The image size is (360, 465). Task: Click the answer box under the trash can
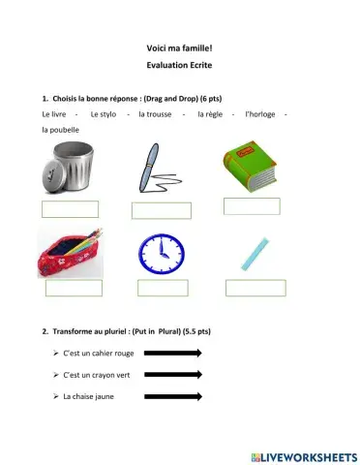70,209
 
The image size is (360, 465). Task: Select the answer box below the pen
161,210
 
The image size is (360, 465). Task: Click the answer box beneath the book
252,205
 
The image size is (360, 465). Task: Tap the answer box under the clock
162,288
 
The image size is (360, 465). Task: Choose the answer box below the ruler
255,288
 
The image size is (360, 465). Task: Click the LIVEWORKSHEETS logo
302,455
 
